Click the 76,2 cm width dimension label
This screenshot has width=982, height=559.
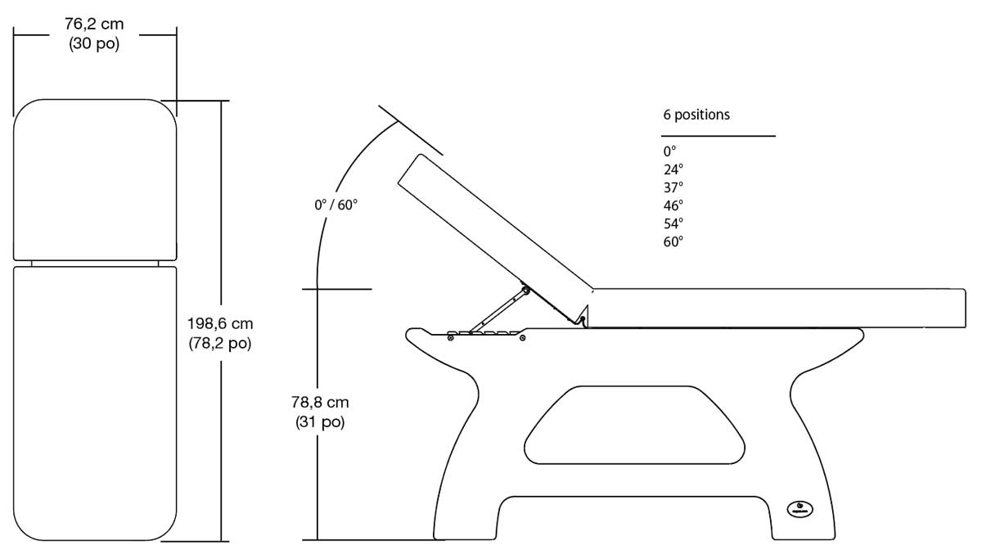pos(94,25)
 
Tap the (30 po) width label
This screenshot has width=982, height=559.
pos(94,44)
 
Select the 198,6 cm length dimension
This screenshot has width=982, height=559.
pos(219,324)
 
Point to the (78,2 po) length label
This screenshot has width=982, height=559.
pos(219,344)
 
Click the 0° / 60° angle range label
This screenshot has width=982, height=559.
pos(336,205)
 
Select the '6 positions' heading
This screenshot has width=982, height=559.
pos(696,115)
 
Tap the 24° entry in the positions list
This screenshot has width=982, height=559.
pos(673,169)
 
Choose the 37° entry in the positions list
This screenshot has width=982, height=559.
pos(673,187)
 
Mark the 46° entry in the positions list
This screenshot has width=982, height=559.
pos(673,205)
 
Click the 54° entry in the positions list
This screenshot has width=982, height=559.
pos(673,223)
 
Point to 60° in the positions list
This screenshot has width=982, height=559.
pos(673,241)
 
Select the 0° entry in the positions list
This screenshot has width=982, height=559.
pos(670,151)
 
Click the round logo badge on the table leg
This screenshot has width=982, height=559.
pos(798,507)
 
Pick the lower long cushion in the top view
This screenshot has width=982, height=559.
pos(95,401)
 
